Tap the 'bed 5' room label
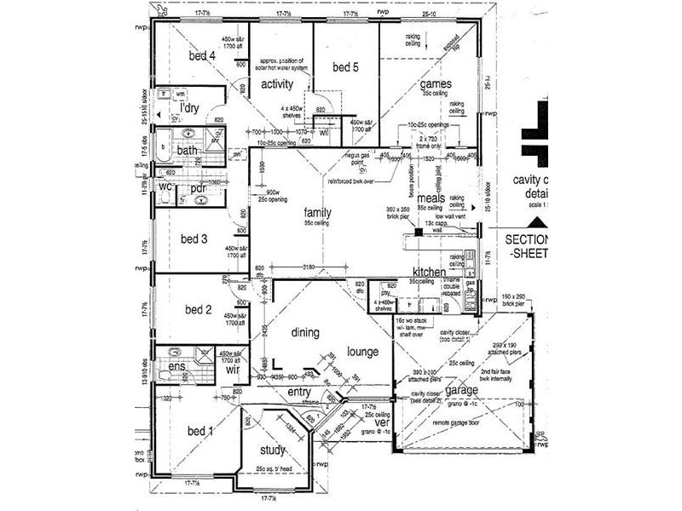coord(346,67)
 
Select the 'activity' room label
coord(277,83)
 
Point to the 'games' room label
coord(435,83)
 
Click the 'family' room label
coord(318,213)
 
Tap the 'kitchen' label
coord(429,272)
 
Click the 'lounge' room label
coord(363,350)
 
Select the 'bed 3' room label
coord(194,238)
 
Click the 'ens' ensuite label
coord(176,367)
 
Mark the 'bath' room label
coord(188,151)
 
